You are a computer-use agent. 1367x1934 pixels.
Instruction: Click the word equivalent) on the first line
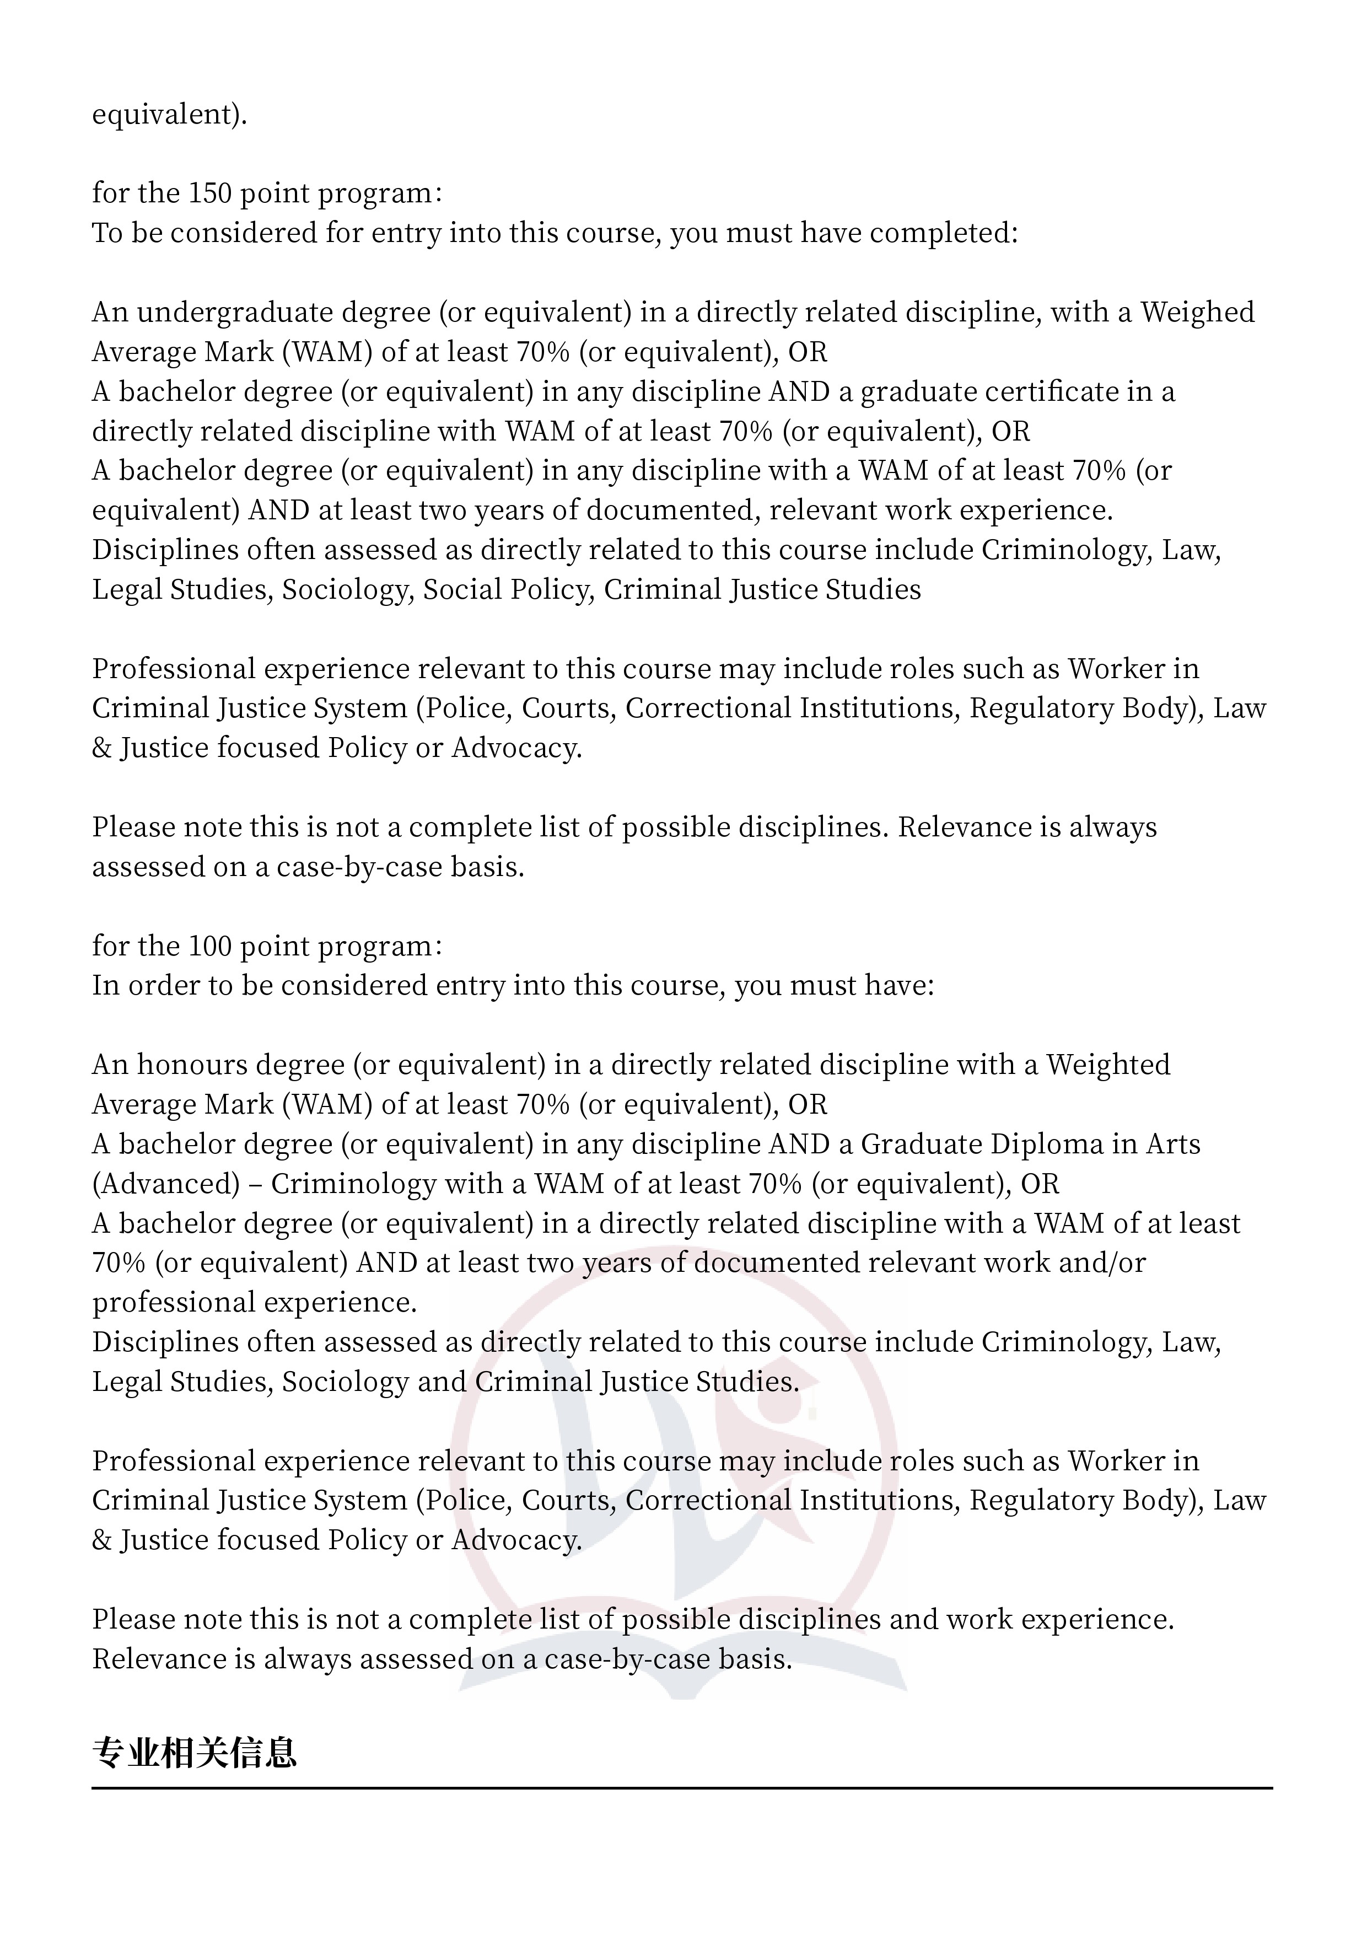tap(169, 114)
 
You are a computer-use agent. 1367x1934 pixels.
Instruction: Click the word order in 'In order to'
tap(163, 986)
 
